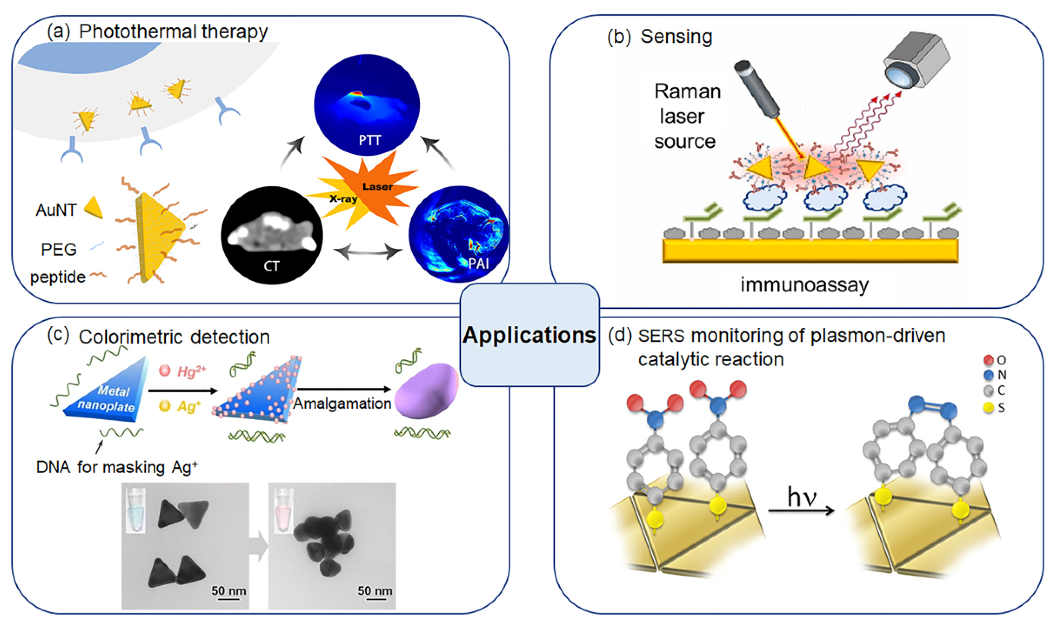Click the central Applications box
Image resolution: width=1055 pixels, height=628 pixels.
pyautogui.click(x=529, y=335)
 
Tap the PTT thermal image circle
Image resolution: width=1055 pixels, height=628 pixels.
pyautogui.click(x=366, y=105)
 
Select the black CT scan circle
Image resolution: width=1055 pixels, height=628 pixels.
pyautogui.click(x=272, y=235)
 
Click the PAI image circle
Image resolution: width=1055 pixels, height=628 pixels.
pyautogui.click(x=458, y=234)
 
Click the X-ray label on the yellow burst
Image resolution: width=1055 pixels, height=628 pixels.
pyautogui.click(x=343, y=199)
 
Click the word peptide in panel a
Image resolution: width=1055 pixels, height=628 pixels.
pyautogui.click(x=58, y=277)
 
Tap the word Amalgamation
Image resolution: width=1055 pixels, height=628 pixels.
pyautogui.click(x=342, y=403)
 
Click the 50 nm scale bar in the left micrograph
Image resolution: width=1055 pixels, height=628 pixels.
pyautogui.click(x=229, y=592)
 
